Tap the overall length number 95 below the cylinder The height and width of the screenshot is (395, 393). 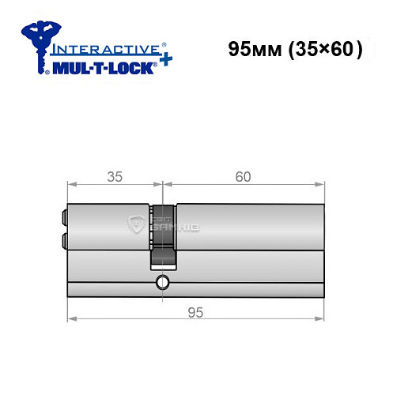(x=195, y=311)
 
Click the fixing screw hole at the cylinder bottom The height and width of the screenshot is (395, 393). (x=162, y=283)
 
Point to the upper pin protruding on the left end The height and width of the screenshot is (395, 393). (x=61, y=215)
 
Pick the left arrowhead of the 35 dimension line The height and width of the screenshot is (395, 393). (x=69, y=185)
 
